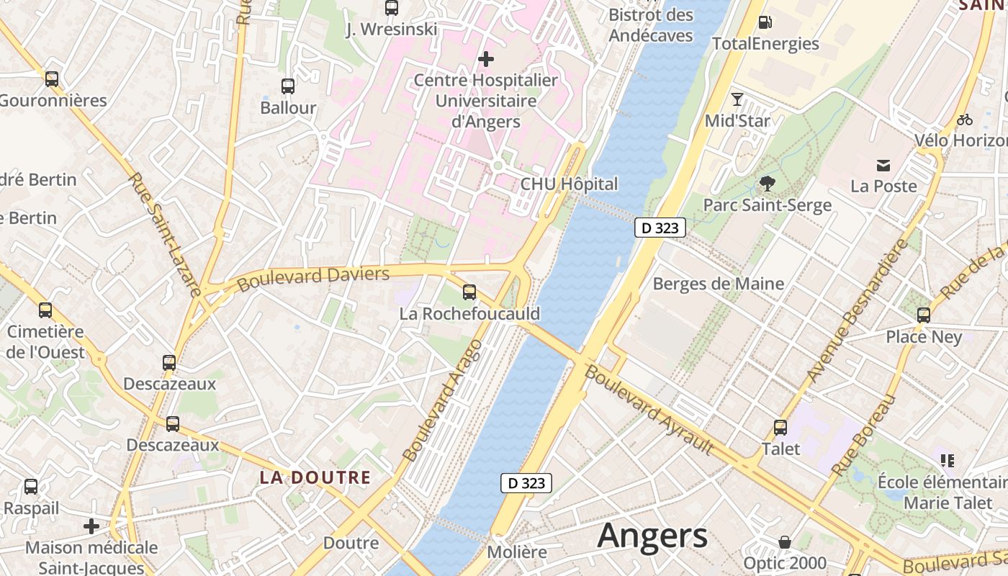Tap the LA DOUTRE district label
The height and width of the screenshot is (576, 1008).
tap(315, 477)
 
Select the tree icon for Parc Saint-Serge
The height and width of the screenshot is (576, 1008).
tap(768, 184)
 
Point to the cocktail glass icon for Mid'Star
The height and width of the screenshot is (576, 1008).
tap(737, 99)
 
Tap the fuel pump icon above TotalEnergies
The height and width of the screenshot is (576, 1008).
tap(765, 22)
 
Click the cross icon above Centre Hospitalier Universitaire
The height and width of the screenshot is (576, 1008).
tap(486, 58)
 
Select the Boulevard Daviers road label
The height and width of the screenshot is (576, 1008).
tap(313, 279)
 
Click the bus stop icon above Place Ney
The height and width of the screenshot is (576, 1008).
tap(924, 315)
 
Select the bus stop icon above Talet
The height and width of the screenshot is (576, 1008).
tap(780, 428)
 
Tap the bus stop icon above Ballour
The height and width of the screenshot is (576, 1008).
tap(288, 86)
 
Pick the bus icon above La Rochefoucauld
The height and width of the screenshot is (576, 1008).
tap(469, 292)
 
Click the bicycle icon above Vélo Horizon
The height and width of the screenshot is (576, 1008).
tap(965, 120)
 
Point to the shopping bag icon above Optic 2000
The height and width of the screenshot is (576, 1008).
tap(785, 541)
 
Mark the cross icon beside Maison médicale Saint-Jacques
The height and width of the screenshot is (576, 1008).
tap(91, 526)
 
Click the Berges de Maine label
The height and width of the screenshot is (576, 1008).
tap(718, 284)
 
